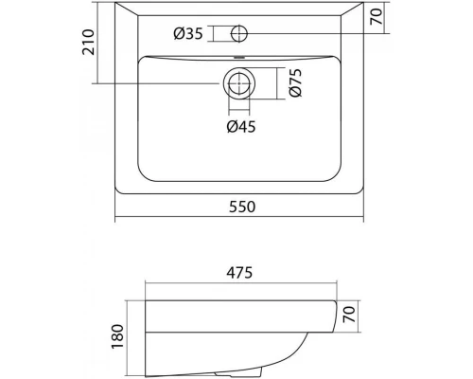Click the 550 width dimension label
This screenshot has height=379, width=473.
tap(238, 207)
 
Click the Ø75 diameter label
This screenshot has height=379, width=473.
tap(294, 84)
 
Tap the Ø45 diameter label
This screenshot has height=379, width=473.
tap(240, 126)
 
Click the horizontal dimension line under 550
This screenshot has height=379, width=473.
tap(238, 221)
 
